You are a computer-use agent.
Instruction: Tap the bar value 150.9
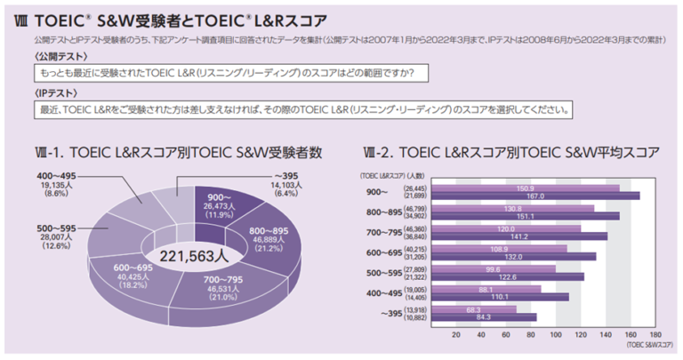[x=526, y=187]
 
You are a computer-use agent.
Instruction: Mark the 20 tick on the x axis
[x=455, y=334]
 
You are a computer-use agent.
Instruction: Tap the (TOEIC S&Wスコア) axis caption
[x=650, y=343]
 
